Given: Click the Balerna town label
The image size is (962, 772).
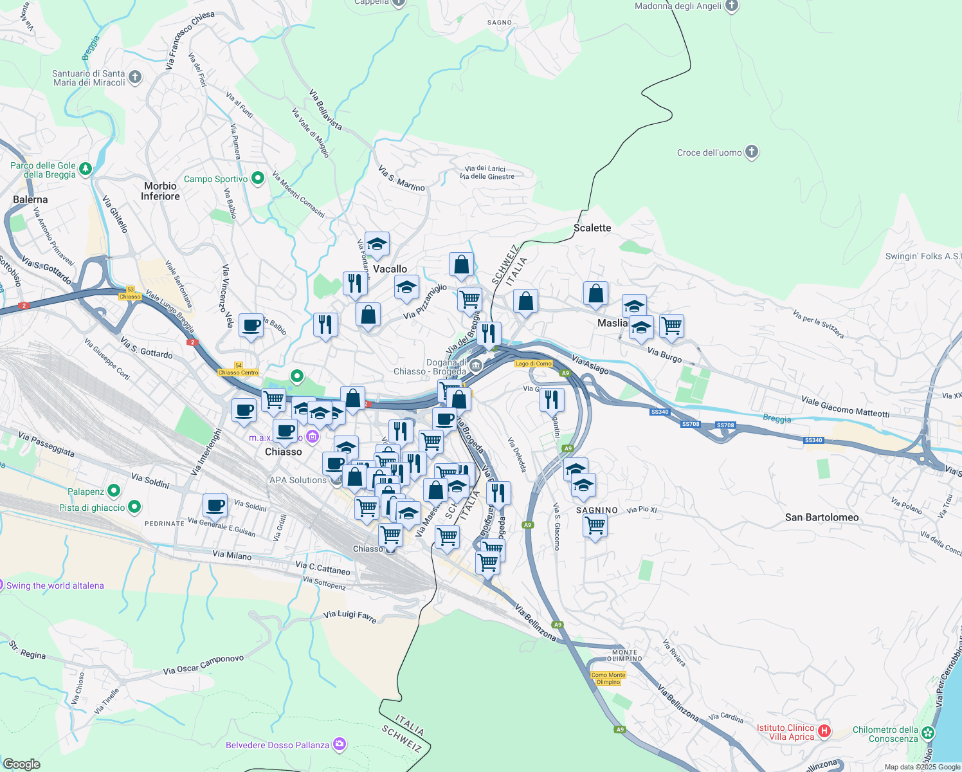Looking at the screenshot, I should [30, 199].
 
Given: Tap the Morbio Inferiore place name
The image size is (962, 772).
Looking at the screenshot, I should [160, 191].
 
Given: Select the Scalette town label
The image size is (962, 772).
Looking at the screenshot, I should [592, 228].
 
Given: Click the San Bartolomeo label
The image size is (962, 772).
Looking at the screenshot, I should [821, 517].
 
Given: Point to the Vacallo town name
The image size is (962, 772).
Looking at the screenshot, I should [390, 269].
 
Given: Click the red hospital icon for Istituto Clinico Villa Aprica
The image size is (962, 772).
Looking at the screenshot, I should [824, 731].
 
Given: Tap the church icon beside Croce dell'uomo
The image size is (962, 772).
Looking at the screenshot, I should [752, 152].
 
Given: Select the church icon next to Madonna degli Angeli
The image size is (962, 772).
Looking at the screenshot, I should [731, 6].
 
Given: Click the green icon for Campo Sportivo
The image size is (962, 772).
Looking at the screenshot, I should [258, 178].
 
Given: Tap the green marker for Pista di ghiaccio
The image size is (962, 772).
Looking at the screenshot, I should [134, 507].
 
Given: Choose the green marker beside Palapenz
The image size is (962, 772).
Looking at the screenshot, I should [114, 491].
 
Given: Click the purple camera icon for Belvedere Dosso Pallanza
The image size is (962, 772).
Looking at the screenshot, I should [340, 745].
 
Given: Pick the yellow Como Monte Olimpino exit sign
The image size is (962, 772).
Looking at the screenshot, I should [608, 678].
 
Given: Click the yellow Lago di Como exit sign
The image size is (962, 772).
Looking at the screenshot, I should [534, 363].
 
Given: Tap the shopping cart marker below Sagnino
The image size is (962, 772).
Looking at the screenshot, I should [595, 525].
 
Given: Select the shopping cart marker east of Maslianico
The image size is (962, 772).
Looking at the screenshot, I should [671, 326].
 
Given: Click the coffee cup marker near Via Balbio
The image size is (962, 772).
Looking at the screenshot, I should [251, 326].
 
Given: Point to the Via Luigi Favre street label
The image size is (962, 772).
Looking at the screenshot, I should [350, 616].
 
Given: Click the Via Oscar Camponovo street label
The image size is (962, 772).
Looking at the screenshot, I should [203, 665].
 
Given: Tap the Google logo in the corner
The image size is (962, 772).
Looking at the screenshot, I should [23, 764].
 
